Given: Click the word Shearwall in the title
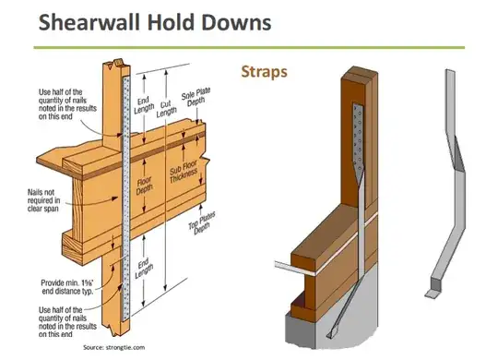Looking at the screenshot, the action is point(89,22).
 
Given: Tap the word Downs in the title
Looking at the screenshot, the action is point(236,22).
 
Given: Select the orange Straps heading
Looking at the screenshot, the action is point(265,72).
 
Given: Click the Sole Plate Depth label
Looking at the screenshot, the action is point(196,97).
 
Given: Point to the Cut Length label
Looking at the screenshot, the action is point(166,108).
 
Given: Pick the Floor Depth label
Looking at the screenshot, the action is point(144,186).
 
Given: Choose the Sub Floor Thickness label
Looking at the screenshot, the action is point(184,172).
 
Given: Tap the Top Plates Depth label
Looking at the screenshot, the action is point(202,222).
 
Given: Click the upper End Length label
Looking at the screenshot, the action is point(144,105).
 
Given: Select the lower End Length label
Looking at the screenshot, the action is point(145,269).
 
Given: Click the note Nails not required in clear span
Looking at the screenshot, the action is point(43,200).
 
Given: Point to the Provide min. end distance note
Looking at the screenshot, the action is point(67,287).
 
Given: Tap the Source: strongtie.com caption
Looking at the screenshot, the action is point(114,347).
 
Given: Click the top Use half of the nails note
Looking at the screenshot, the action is point(67,104).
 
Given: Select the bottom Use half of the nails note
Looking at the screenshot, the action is point(67,322).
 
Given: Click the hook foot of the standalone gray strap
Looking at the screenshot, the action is point(433,294).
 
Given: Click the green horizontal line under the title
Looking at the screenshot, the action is point(249,48).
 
